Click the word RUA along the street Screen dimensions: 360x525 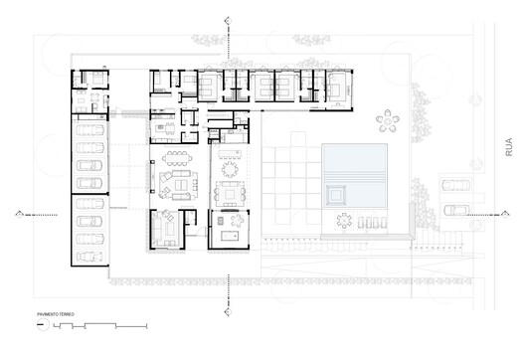[x=509, y=148]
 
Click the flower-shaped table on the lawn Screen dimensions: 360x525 [x=388, y=121]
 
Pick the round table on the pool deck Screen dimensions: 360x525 [x=345, y=221]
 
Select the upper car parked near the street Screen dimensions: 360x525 [x=456, y=185]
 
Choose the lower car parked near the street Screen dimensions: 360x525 [x=456, y=210]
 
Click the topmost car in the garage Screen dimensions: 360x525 [x=90, y=130]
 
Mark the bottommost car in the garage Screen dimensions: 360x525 [x=90, y=256]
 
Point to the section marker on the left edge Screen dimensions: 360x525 [x=21, y=214]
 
